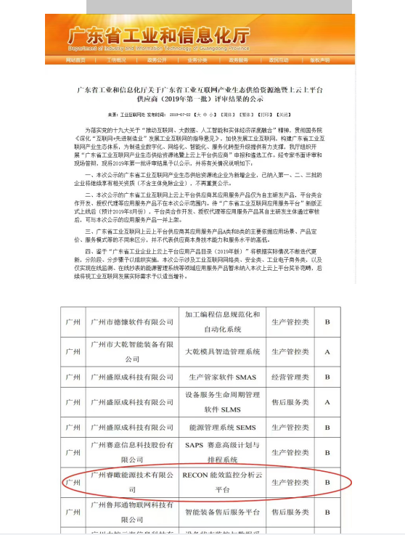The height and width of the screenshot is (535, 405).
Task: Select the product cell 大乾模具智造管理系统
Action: (222, 351)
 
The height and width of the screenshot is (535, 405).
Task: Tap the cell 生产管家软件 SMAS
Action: (222, 377)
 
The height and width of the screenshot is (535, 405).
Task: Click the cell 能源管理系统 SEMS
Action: (222, 428)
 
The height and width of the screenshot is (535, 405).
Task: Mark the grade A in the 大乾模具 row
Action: (327, 351)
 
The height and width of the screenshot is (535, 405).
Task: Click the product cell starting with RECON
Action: (222, 481)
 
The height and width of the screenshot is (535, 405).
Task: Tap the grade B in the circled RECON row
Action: (327, 481)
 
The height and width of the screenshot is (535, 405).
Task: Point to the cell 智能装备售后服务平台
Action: (222, 512)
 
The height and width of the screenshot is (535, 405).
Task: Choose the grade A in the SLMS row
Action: (327, 402)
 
